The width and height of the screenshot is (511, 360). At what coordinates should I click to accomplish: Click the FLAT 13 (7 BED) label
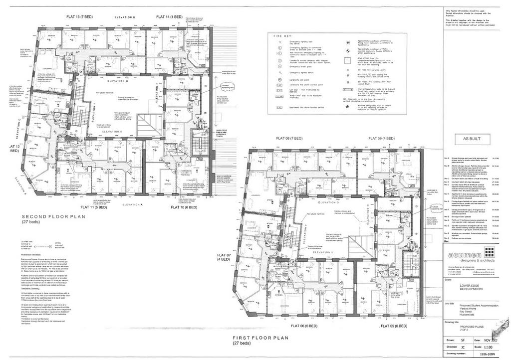(79, 17)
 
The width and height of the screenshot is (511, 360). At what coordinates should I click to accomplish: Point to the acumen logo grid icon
(489, 251)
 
